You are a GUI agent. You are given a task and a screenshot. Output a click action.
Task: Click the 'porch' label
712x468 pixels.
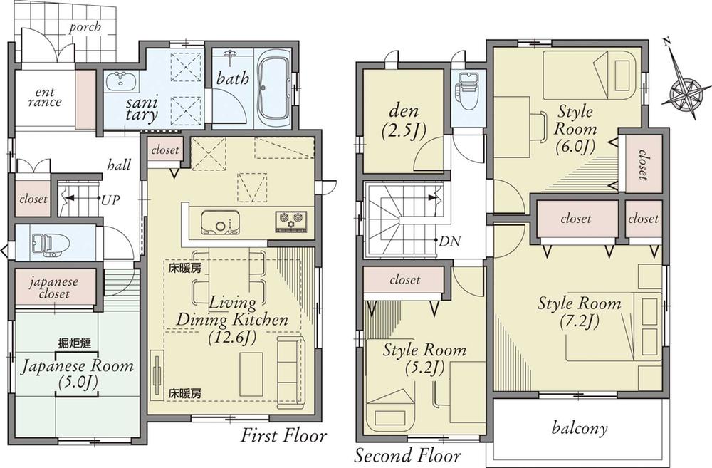coord(85,27)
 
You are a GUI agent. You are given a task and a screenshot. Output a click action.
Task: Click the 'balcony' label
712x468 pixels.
coord(580,428)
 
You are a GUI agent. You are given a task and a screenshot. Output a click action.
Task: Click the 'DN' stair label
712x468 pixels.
coord(449,241)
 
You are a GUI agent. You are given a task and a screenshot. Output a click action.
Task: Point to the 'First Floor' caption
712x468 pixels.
coord(283,435)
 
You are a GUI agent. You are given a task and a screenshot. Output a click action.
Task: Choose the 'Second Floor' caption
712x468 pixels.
coord(407,454)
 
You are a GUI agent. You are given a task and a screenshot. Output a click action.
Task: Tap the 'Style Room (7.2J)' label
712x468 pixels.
coord(579,312)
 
